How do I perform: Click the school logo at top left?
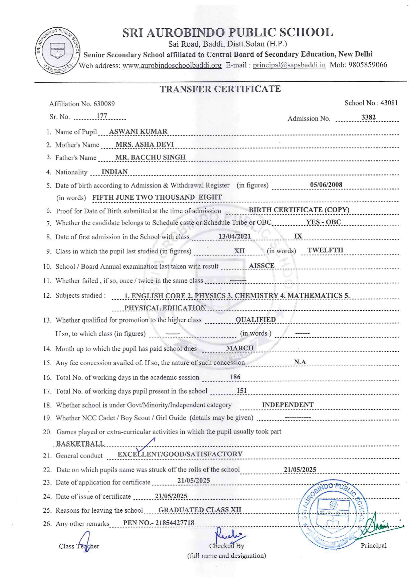point(57,50)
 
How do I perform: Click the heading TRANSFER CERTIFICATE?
point(220,89)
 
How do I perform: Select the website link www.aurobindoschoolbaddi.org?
point(172,65)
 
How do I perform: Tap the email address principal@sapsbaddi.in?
point(289,65)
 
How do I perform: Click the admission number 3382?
point(368,117)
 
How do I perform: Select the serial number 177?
point(101,116)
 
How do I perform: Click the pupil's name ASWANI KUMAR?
point(138,131)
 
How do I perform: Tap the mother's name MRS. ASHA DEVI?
point(145,144)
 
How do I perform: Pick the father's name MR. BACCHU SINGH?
point(150,157)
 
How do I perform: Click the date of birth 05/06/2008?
point(326,185)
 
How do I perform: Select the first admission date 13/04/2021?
point(234,236)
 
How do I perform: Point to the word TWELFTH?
point(325,250)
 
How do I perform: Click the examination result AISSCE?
point(262,266)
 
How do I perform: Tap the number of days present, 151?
point(241,391)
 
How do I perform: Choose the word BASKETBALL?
point(80,444)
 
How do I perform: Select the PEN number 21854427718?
point(175,523)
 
